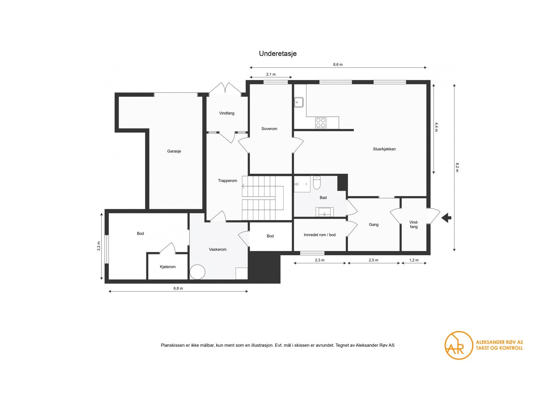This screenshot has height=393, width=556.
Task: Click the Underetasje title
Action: pos(277,54)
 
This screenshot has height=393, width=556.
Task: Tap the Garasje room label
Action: pos(174,151)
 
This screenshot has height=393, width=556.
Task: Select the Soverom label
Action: pos(269,129)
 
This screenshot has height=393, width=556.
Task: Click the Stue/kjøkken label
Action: pos(384,149)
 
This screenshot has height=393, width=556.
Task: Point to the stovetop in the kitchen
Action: pos(321,123)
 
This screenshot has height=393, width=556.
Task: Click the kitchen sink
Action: pos(299,102)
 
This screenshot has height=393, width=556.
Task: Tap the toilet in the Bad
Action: pos(317,183)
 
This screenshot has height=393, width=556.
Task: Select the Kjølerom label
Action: pos(167,267)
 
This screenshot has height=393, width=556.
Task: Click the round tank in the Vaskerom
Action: pos(197,272)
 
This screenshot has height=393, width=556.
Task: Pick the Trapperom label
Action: pos(227,181)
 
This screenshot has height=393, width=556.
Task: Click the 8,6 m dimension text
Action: pos(338,65)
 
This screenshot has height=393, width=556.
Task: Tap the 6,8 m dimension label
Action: pos(178,288)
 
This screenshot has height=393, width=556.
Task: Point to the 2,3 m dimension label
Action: pos(320,260)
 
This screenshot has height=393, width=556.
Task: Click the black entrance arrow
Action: pos(447,218)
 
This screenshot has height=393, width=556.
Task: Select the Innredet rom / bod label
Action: pos(320,235)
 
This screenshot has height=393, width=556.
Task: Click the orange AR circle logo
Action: pos(459,345)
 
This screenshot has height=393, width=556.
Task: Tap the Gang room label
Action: pos(374,225)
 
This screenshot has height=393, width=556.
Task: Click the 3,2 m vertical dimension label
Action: pos(99,246)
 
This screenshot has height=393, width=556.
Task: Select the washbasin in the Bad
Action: pos(325,212)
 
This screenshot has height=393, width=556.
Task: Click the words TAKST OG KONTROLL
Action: pos(499,348)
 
